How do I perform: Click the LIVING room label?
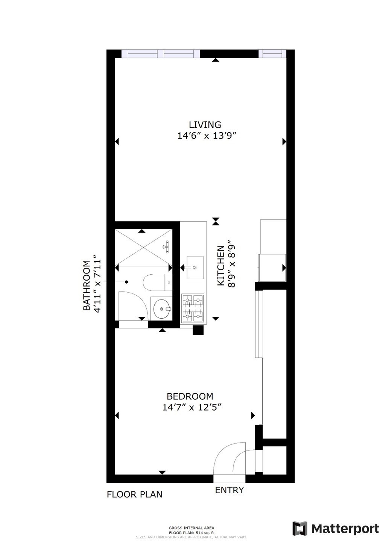pos(205,125)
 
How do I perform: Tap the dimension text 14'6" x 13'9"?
pos(207,136)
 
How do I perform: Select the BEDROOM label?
pos(190,396)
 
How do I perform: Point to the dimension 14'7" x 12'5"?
pos(192,407)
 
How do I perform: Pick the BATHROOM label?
pos(87,285)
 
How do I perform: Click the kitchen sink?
pos(195,267)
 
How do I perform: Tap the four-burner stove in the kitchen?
pos(193,309)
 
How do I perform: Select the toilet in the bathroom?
pos(157,283)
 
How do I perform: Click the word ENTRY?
pos(229,490)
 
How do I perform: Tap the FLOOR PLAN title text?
pos(134,494)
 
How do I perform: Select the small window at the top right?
pos(272,54)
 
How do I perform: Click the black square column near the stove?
pos(198,330)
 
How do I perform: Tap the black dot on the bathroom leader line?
pos(126,282)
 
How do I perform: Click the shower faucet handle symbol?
pos(167,247)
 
